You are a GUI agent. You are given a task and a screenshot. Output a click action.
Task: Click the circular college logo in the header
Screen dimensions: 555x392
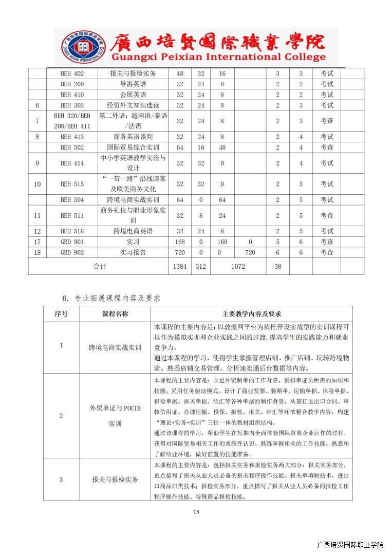point(79,47)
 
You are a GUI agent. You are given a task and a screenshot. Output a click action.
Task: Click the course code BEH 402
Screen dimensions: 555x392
point(72,73)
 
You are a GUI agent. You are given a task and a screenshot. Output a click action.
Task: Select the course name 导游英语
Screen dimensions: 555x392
point(133,84)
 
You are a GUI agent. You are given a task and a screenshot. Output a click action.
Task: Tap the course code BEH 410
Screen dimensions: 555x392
point(72,95)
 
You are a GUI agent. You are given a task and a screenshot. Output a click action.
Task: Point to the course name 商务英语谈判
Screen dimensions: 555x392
point(133,137)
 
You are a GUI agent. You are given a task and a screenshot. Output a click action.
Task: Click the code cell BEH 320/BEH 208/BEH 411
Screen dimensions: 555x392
point(72,121)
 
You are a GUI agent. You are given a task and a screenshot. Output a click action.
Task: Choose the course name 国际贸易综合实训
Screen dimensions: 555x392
point(133,147)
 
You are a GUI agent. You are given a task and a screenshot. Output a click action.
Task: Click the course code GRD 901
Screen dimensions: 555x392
point(72,242)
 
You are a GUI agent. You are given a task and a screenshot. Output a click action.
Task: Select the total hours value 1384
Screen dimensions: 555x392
point(180,267)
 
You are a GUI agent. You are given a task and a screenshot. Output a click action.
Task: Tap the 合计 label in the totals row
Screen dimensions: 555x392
point(99,267)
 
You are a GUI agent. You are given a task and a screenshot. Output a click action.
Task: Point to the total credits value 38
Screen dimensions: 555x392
point(278,267)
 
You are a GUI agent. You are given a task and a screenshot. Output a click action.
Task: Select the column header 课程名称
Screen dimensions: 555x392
point(115,314)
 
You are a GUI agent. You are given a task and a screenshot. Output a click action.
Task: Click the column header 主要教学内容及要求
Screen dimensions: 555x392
point(252,314)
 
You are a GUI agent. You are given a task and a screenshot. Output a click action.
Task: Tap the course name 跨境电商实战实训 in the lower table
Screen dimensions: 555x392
point(115,347)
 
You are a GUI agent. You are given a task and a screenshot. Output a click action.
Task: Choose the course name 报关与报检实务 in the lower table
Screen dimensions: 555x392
point(115,479)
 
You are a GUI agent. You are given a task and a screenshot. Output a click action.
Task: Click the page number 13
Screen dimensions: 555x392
point(196,511)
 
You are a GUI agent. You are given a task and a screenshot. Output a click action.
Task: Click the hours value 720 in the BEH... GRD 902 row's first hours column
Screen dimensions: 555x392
point(180,252)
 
